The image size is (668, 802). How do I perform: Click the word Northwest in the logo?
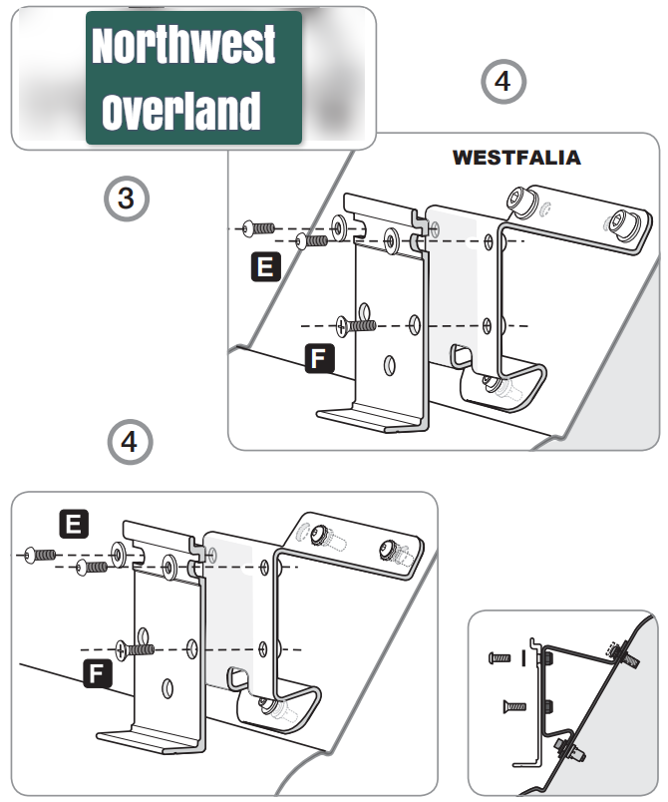(183, 46)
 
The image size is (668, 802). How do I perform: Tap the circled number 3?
(126, 199)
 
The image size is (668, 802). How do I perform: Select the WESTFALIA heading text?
(516, 158)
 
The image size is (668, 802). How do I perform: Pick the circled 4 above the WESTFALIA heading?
(502, 82)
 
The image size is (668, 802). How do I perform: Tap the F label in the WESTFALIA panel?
(317, 359)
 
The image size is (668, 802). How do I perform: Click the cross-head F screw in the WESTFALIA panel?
(357, 325)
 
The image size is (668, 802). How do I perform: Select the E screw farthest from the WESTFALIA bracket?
(261, 227)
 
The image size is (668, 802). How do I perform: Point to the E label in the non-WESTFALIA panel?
(75, 522)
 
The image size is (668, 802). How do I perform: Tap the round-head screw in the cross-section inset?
(500, 658)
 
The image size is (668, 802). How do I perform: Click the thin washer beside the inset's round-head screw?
(523, 658)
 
